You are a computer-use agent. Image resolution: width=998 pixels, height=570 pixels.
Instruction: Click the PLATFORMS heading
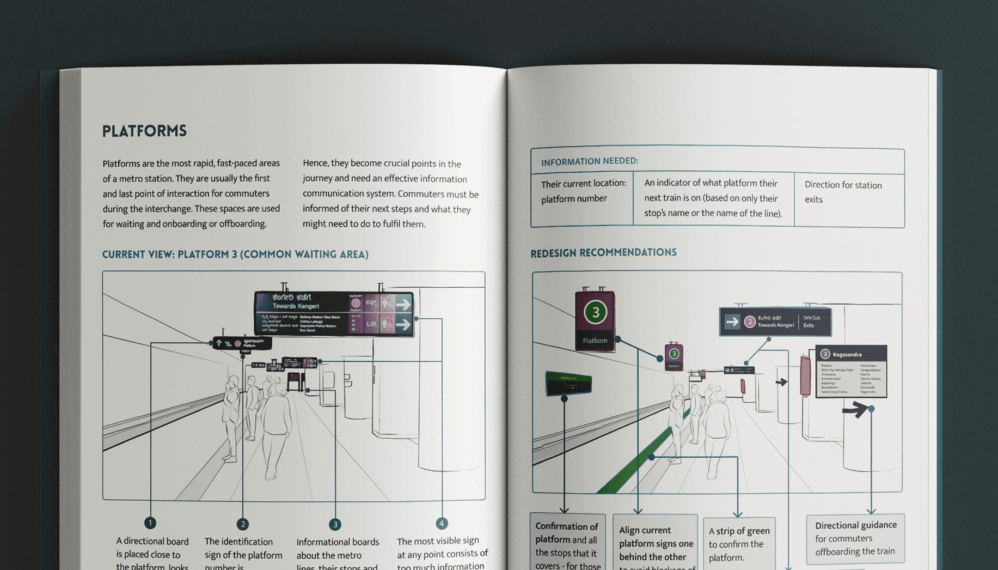(x=144, y=131)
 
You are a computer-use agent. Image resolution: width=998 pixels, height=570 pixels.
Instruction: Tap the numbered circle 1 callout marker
(x=150, y=523)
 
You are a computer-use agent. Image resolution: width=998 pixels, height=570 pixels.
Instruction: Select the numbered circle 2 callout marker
(x=243, y=524)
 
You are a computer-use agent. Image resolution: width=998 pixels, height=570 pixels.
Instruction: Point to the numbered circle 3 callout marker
(x=335, y=524)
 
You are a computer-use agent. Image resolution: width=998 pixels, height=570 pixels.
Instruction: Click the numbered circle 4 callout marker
(x=442, y=523)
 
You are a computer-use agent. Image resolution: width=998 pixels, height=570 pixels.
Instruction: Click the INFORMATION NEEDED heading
(x=590, y=161)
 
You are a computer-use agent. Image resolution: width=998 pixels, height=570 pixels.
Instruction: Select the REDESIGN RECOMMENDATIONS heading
(x=603, y=253)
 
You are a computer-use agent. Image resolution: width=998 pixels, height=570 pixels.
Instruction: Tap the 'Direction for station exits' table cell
(x=843, y=192)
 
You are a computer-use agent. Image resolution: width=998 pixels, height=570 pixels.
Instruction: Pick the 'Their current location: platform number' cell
(x=583, y=191)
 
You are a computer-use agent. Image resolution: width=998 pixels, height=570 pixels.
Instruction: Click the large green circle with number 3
(x=595, y=312)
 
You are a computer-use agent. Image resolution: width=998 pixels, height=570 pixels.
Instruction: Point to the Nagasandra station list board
(x=851, y=371)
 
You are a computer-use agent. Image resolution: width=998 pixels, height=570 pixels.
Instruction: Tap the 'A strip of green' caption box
(x=739, y=543)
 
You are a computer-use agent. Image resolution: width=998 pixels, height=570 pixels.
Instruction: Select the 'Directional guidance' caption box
(x=855, y=538)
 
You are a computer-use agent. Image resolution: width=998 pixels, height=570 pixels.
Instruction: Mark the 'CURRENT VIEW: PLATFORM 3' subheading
(x=235, y=254)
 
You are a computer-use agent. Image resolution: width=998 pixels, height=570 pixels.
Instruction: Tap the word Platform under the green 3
(x=595, y=341)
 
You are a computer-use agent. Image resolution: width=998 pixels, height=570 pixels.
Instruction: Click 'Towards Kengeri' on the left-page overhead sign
(x=295, y=306)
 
